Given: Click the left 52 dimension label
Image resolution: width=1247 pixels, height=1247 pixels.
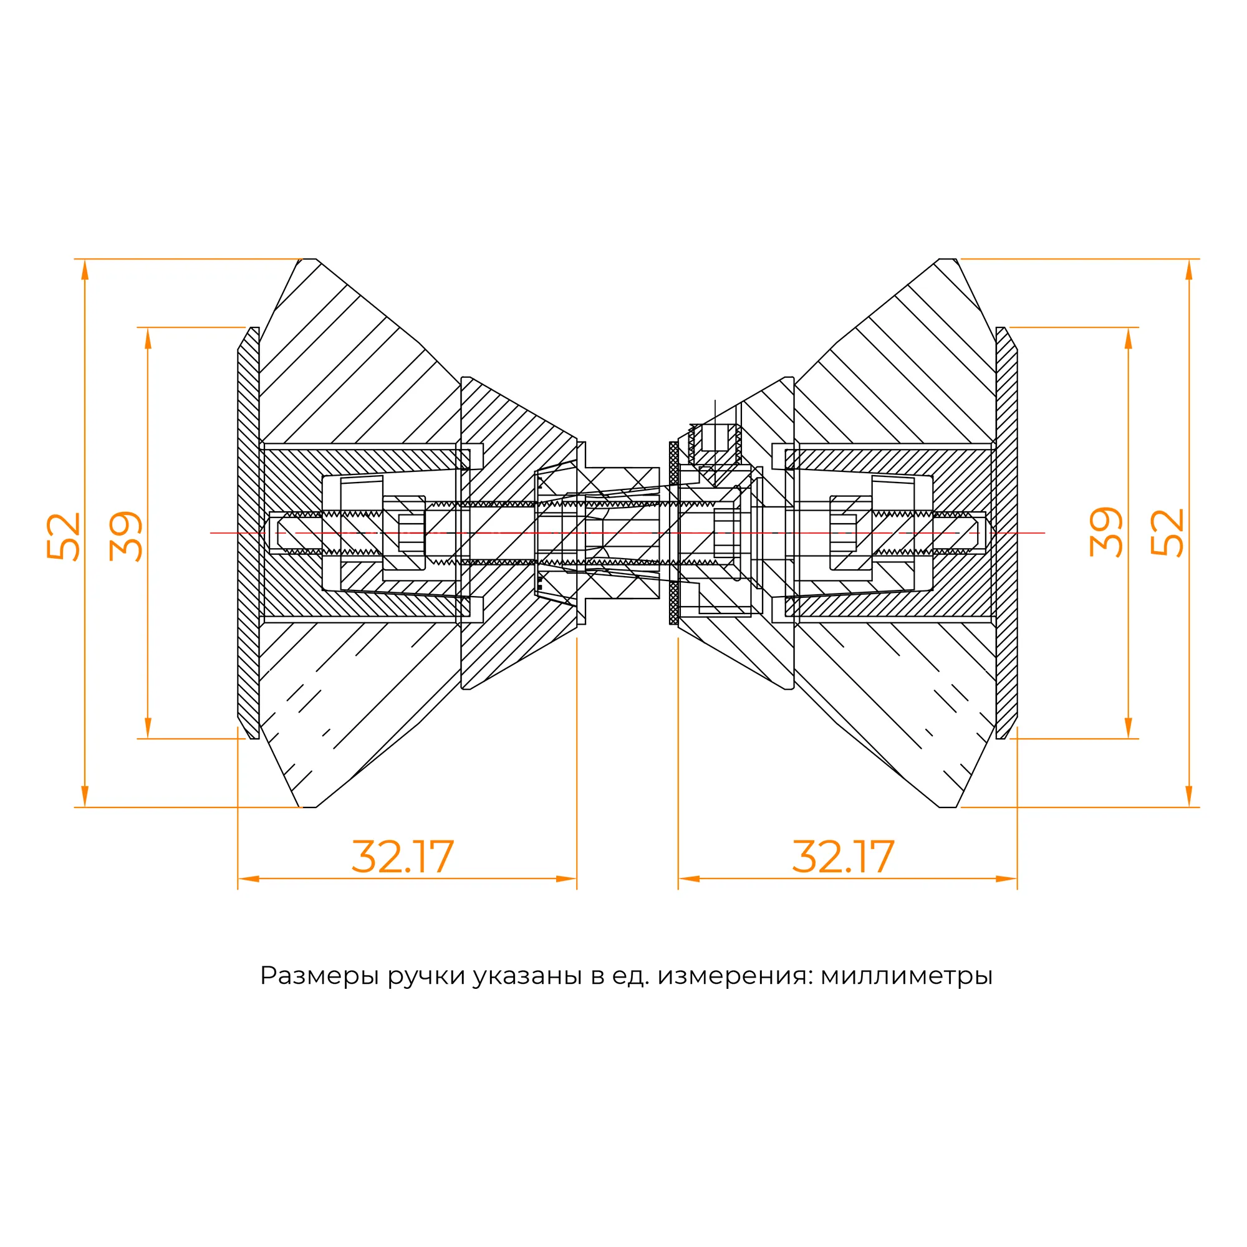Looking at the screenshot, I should pos(63,536).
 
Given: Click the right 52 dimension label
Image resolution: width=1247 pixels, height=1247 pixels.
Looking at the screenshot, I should pos(1167,532).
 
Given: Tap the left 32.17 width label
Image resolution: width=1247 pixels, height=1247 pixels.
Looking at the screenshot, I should pos(403,857).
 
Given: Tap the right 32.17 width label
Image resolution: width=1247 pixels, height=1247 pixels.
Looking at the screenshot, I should pos(843,857).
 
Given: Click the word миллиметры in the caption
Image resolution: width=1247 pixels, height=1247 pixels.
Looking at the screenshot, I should pos(906,976).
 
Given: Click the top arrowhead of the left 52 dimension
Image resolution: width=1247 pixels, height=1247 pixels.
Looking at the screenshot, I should pos(85,270).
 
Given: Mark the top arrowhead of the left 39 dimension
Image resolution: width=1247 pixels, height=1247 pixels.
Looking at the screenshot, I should pos(148,338).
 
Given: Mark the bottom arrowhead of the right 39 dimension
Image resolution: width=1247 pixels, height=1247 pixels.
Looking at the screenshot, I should pos(1129,728).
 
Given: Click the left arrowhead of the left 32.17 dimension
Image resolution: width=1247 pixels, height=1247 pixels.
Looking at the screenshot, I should pos(249,879).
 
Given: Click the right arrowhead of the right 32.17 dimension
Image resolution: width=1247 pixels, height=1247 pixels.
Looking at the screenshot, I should pos(1006,879).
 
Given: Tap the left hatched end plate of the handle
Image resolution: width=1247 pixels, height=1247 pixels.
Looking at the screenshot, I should pos(249,532).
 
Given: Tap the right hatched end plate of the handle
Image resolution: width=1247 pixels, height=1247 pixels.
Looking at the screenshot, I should pos(1006,532).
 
